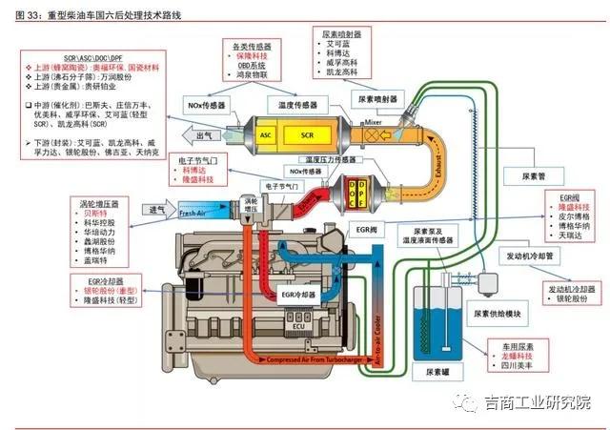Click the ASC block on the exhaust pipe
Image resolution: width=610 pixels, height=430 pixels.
[x=266, y=135]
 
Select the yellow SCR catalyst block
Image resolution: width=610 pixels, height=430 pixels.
[x=307, y=135]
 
